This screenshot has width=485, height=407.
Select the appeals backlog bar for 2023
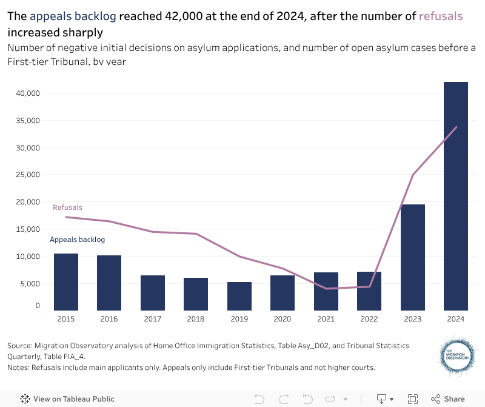point(412,257)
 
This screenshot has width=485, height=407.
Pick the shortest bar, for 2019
point(239,296)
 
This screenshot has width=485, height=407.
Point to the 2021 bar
point(326,291)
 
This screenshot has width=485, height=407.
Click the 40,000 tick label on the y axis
point(27,93)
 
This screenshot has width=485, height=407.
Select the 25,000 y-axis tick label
point(27,175)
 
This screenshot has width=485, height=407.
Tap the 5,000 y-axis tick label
point(29,283)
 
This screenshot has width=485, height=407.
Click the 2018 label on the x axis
point(196,318)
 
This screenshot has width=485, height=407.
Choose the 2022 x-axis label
point(369,318)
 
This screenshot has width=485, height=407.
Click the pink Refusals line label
point(67,207)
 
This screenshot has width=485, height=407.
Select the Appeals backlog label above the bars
point(77,240)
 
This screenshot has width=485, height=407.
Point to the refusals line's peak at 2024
point(456,127)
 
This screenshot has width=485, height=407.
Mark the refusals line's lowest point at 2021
point(326,289)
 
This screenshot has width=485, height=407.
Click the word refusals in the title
point(441,16)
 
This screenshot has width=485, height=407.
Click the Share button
point(448,399)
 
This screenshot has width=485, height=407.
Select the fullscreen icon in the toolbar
point(413,399)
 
